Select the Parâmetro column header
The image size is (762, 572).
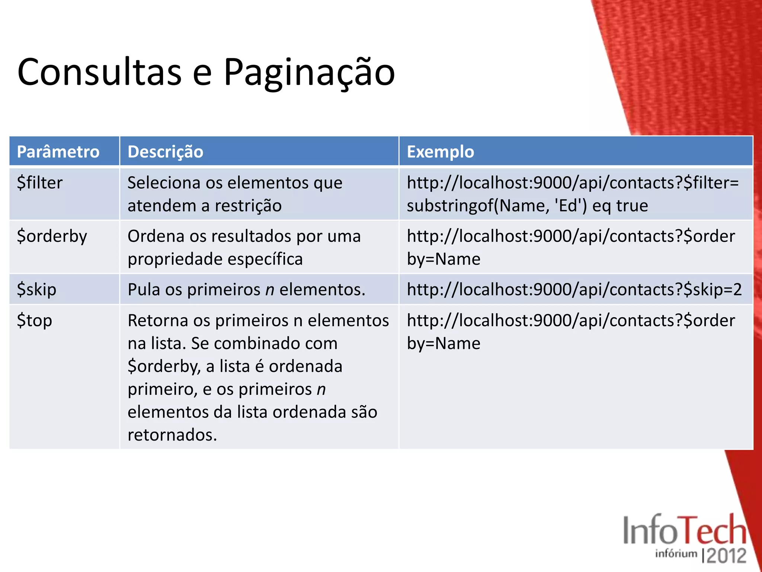[58, 152]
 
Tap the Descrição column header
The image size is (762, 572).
[165, 152]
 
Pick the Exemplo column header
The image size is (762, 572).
[440, 152]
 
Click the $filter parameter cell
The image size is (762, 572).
[40, 183]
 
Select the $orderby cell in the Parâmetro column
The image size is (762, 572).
[52, 236]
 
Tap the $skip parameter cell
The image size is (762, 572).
[36, 289]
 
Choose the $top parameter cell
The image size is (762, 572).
[35, 321]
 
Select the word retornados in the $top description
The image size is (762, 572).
[172, 435]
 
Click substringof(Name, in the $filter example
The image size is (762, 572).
[478, 206]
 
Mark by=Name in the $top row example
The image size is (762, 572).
[444, 343]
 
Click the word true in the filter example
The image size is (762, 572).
[632, 206]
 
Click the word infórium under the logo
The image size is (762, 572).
[676, 553]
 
